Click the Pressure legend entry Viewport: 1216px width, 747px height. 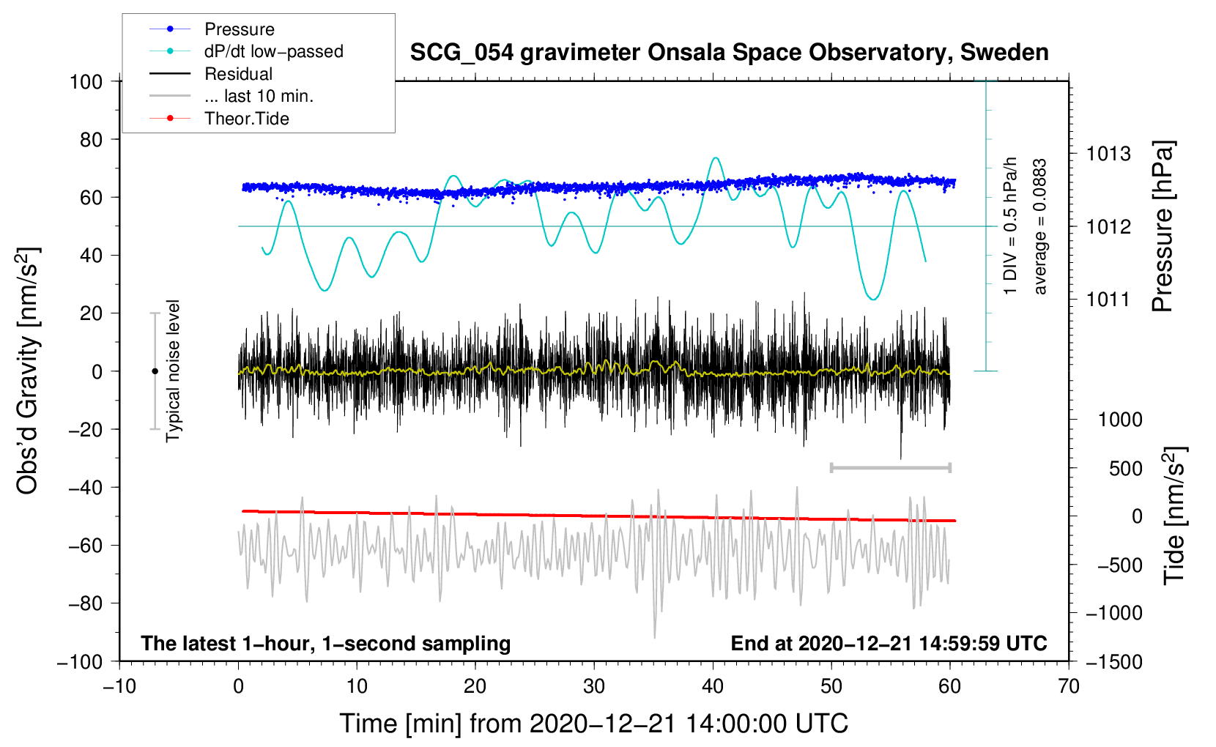[x=239, y=29]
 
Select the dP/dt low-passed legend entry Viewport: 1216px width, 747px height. [x=273, y=51]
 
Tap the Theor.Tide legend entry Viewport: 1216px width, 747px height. [x=246, y=119]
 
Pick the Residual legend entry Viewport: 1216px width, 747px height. [x=238, y=74]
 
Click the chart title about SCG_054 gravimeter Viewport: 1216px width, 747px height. [x=729, y=53]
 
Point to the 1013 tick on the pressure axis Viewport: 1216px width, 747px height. [x=1108, y=154]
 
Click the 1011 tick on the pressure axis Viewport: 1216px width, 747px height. [x=1108, y=300]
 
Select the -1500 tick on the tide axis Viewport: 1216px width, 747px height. [x=1113, y=662]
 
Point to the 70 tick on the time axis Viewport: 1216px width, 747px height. [x=1069, y=686]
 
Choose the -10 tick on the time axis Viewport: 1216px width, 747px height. [x=119, y=686]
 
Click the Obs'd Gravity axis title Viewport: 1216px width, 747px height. [x=28, y=371]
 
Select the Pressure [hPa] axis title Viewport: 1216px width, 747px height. [x=1163, y=226]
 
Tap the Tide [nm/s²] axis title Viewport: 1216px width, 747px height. [x=1174, y=516]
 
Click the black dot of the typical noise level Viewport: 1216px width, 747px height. [x=155, y=371]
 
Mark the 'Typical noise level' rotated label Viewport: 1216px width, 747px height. [x=173, y=371]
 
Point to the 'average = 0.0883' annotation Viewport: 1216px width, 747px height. [x=1040, y=227]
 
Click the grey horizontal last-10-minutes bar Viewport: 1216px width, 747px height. [x=890, y=467]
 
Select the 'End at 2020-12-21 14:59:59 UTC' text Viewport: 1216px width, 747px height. [x=889, y=644]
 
